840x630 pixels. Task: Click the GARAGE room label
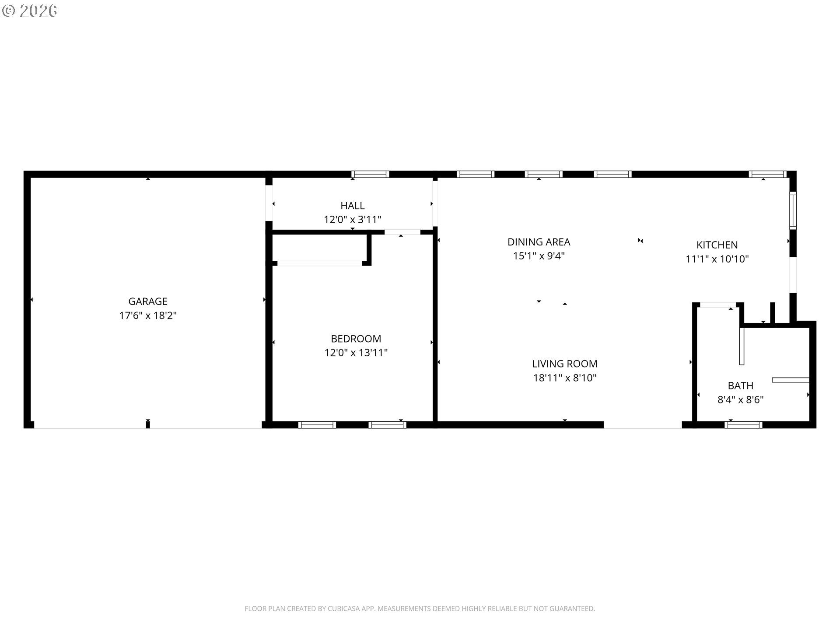coord(148,301)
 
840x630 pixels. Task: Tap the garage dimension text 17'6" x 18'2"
coord(148,315)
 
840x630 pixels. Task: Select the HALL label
coord(353,205)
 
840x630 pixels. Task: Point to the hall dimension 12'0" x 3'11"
coord(353,219)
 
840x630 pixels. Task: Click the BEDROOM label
coord(356,338)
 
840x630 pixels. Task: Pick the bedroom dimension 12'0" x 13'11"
coord(356,352)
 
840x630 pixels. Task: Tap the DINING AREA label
coord(539,241)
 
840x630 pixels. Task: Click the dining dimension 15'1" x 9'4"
coord(539,255)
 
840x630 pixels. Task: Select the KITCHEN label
coord(717,245)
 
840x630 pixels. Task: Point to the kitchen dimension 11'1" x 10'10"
coord(717,259)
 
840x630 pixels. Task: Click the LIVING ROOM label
coord(565,363)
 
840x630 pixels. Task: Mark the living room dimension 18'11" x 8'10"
coord(565,378)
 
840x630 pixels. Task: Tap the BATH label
coord(741,385)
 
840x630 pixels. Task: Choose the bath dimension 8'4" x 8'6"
coord(741,399)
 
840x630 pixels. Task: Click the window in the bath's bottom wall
coord(743,424)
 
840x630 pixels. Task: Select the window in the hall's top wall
coord(370,174)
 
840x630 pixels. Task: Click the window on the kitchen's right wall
coord(793,210)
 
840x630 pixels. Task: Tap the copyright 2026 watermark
coord(30,10)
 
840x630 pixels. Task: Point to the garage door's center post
coord(148,424)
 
